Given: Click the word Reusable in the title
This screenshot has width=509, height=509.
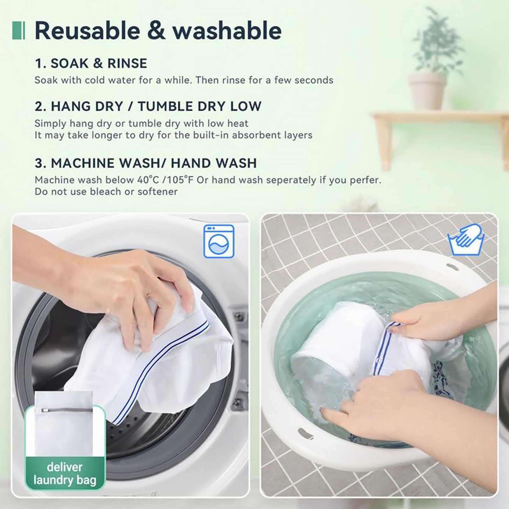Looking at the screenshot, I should click(x=87, y=31).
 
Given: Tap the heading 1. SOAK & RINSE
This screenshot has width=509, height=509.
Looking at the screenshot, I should click(x=91, y=63).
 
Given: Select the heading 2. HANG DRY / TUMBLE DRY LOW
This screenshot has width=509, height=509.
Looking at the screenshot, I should click(x=148, y=106).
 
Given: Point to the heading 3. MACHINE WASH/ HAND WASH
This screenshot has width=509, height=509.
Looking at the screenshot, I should click(x=146, y=163).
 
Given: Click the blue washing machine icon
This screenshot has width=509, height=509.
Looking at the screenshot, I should click(x=219, y=241).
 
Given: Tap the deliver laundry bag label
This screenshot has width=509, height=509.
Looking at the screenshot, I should click(x=65, y=474).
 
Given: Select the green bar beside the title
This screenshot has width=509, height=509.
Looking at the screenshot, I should click(x=18, y=31).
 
